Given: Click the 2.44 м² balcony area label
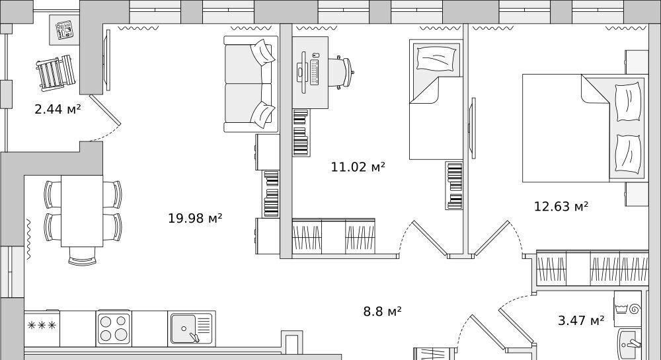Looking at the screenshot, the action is pos(58,110).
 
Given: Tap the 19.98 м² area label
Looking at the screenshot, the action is pos(195,218).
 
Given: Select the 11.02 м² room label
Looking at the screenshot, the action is pos(358,166).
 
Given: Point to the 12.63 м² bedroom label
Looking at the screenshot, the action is pos(561,206).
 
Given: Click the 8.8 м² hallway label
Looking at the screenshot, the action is pos(382,311).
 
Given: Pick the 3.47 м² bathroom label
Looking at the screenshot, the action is pos(581,320).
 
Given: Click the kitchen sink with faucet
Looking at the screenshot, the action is pos(192,329).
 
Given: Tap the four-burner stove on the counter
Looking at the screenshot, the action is pos(114,329).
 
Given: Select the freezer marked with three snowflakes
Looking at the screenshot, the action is pos(42,329).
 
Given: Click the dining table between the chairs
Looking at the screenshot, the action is pos(82,211).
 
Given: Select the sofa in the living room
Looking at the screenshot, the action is pos(251,84).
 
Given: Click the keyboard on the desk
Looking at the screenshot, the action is pos(314,72).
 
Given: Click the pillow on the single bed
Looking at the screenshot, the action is pos(436,58).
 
